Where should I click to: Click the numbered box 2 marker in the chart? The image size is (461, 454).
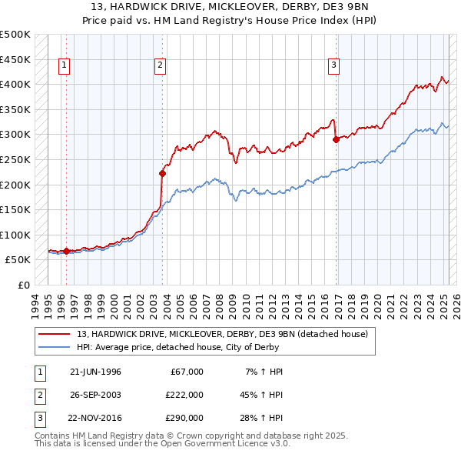160,66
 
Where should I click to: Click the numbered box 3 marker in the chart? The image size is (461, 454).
334,66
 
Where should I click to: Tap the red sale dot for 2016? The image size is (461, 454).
336,140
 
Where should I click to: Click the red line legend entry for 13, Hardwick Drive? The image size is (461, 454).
223,334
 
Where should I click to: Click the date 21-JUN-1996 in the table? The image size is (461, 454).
95,372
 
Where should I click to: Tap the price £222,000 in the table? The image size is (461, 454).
184,395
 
